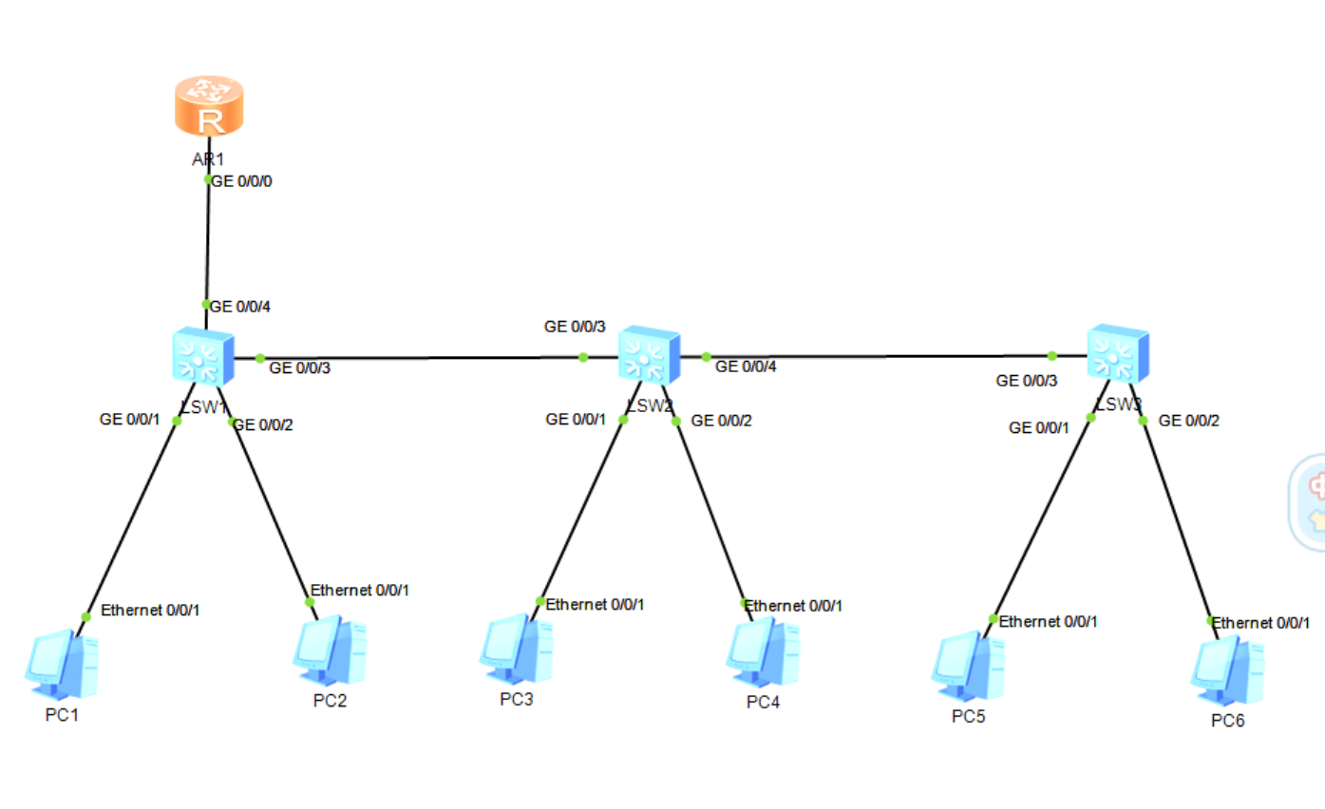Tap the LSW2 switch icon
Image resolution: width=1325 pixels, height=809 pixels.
click(x=649, y=357)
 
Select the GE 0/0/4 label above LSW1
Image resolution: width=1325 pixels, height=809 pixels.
click(x=241, y=307)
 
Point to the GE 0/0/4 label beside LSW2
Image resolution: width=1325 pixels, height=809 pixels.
click(x=746, y=367)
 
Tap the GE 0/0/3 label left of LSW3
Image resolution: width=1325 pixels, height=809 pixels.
click(x=1027, y=381)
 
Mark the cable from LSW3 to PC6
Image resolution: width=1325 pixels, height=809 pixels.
click(x=1178, y=522)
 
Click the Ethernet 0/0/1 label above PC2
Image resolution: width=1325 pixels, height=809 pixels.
click(x=360, y=590)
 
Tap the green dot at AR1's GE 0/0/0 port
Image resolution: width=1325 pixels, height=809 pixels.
click(x=208, y=179)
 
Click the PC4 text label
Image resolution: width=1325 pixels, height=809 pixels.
click(x=763, y=703)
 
